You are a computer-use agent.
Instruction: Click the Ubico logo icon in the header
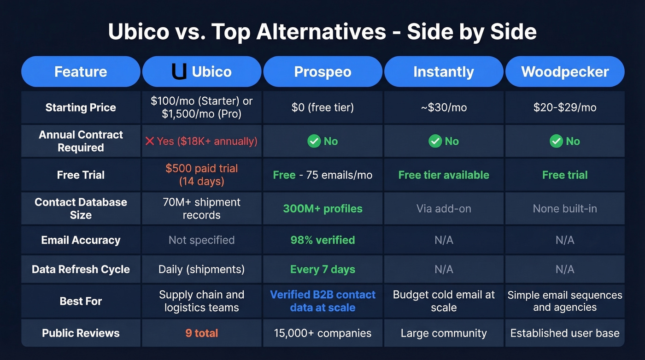[x=179, y=71]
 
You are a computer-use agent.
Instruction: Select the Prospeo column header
[x=322, y=72]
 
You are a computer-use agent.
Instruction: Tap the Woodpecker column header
[x=565, y=72]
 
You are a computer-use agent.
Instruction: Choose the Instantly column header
[x=444, y=72]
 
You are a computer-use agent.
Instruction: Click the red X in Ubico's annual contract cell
[x=150, y=141]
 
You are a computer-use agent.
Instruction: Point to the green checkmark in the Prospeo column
[x=314, y=141]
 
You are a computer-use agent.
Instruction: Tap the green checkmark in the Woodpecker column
[x=556, y=141]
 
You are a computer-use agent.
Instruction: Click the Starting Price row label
[x=81, y=107]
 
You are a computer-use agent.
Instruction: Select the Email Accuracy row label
[x=81, y=240]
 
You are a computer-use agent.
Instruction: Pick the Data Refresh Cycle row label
[x=81, y=269]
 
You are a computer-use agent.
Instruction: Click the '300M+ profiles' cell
[x=322, y=208]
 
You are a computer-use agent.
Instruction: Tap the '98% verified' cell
[x=322, y=240]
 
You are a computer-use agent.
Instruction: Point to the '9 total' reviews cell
[x=202, y=333]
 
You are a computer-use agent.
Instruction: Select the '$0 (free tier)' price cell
[x=322, y=107]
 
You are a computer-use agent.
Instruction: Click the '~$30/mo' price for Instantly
[x=444, y=107]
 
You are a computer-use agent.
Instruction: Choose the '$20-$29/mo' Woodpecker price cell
[x=565, y=107]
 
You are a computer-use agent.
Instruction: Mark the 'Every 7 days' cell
[x=322, y=269]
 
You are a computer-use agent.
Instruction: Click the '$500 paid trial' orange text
[x=202, y=168]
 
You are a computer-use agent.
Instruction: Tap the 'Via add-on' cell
[x=444, y=208]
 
